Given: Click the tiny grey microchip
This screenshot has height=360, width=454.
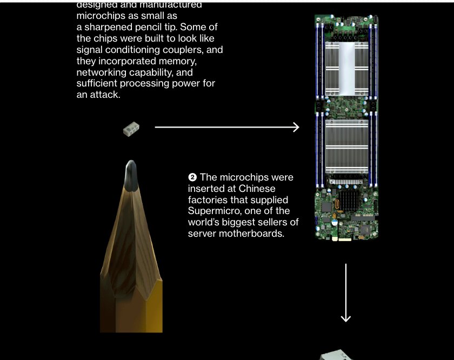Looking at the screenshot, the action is (130, 129).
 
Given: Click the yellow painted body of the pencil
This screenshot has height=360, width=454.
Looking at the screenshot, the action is (131, 314).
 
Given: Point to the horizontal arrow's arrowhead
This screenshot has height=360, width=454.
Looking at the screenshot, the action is (296, 127).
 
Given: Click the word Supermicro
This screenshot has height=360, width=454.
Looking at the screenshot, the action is (212, 211).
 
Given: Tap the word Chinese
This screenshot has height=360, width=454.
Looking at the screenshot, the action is (257, 189).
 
